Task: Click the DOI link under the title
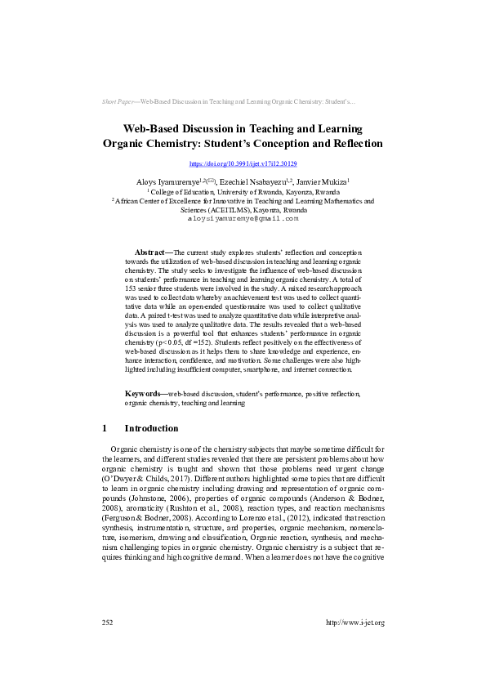243,164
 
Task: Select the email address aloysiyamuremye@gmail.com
243,219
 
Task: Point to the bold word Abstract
152,253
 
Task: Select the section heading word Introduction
151,428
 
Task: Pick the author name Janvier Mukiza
320,181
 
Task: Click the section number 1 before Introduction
105,428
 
